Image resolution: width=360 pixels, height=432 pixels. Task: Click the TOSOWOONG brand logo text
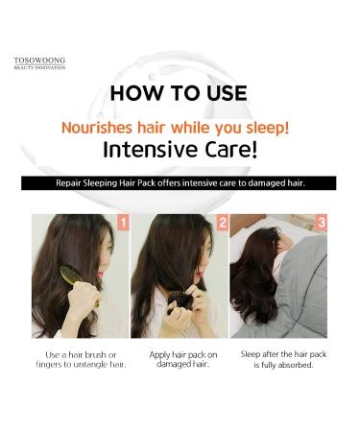pyautogui.click(x=39, y=60)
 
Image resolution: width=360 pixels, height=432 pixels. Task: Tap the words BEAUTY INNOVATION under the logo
pyautogui.click(x=39, y=67)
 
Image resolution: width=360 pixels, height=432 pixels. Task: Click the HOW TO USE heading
pyautogui.click(x=178, y=94)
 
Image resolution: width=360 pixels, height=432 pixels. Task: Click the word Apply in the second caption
pyautogui.click(x=160, y=354)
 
